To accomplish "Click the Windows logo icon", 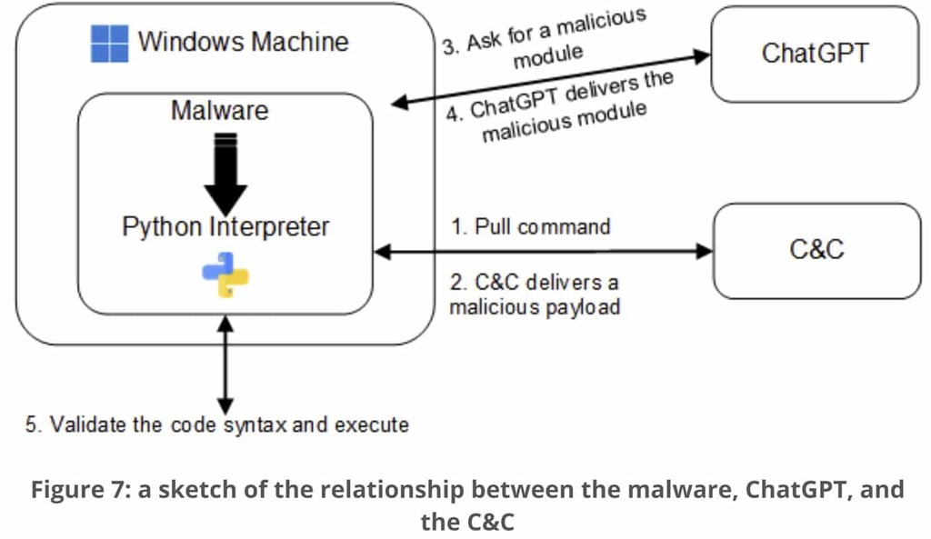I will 109,44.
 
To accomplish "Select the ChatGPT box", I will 815,54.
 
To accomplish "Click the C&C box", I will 816,250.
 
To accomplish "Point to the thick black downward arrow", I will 225,172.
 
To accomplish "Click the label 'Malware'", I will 220,111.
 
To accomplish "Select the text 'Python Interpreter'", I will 225,226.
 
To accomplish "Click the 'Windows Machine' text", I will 243,41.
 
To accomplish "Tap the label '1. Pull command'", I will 531,226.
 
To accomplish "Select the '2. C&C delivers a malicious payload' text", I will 535,294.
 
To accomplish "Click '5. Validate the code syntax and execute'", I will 216,424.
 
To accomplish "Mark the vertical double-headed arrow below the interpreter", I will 225,364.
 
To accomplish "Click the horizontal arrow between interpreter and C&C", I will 544,252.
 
